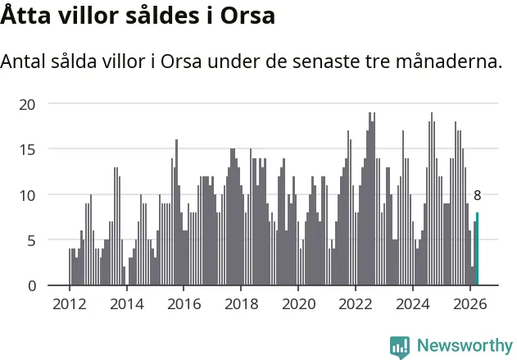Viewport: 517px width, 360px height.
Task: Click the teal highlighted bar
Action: tap(477, 248)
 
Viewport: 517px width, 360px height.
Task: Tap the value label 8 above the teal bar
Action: tap(477, 196)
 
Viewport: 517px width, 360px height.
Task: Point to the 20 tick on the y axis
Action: tap(27, 105)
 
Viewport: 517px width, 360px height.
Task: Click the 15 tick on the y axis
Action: tap(27, 150)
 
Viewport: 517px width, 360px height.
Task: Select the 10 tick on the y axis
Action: tap(27, 196)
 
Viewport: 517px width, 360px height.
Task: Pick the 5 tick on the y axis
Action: tap(31, 241)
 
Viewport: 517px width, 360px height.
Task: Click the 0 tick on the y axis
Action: tap(32, 286)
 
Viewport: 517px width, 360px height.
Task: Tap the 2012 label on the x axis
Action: tap(70, 304)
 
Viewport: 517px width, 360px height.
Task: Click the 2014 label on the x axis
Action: tap(127, 304)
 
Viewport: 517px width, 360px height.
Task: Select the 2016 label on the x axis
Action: tap(184, 304)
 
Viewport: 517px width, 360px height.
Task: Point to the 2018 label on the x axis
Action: tap(242, 304)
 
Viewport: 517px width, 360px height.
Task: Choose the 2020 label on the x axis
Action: tap(299, 304)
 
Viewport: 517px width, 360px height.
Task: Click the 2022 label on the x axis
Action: tap(356, 304)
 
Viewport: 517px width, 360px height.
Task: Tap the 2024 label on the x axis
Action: tap(413, 304)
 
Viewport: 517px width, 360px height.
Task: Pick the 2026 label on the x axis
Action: tap(470, 304)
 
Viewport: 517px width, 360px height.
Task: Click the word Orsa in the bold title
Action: tap(247, 16)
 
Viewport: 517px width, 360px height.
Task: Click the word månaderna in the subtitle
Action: tap(449, 62)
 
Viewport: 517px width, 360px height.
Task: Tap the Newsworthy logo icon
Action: tap(400, 347)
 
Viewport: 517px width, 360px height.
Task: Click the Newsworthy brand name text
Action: tap(465, 346)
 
